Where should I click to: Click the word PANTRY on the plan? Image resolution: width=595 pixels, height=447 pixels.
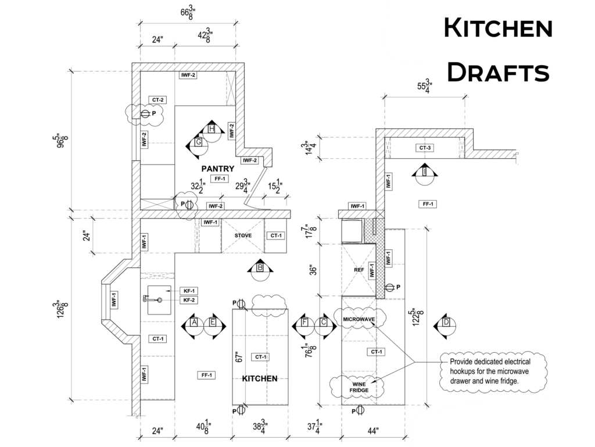(x=218, y=169)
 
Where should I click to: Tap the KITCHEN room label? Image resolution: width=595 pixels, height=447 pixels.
(x=260, y=378)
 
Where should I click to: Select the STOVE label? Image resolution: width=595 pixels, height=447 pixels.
(x=243, y=235)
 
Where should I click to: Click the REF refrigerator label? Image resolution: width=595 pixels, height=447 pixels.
(x=359, y=270)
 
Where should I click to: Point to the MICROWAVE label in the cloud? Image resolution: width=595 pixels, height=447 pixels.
(x=359, y=320)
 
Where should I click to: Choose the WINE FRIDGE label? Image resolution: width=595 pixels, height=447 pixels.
(x=359, y=387)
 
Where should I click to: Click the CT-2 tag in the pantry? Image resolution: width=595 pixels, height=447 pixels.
(x=158, y=100)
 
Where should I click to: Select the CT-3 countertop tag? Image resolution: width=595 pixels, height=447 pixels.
(x=425, y=148)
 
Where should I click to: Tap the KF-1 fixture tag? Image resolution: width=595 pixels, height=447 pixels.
(x=189, y=291)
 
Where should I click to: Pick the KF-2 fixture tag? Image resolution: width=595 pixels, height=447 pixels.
(x=189, y=300)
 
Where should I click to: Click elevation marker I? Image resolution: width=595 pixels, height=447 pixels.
(x=425, y=173)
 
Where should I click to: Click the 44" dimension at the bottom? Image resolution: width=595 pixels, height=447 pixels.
(x=372, y=431)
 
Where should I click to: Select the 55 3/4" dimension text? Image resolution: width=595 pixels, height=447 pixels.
(x=425, y=86)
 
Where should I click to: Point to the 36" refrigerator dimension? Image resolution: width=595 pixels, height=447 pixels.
(x=313, y=270)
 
